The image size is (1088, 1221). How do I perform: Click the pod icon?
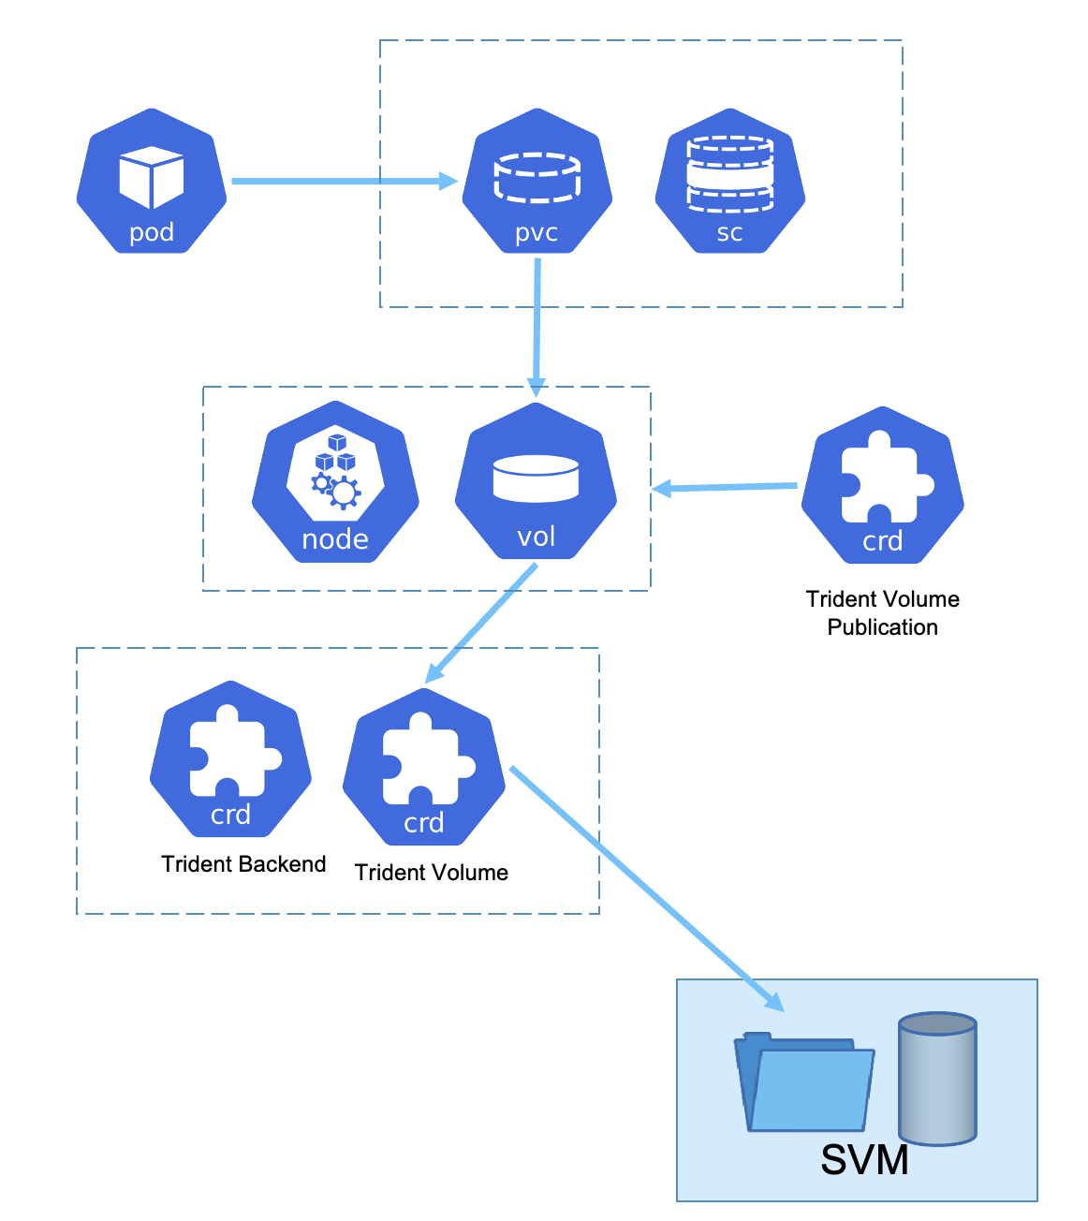point(152,182)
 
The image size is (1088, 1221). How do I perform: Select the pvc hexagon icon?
point(537,182)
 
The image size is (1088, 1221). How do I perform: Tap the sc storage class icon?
point(730,182)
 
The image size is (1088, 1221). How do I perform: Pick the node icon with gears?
point(335,483)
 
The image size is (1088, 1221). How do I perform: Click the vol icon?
point(536,483)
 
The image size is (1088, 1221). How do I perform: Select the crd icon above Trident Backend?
point(230,759)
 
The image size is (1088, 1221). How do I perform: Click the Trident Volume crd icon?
point(424,768)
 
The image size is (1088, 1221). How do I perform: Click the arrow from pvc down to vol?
point(537,328)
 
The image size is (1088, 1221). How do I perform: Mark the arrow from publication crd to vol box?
point(726,487)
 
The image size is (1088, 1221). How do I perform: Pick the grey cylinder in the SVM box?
point(937,1079)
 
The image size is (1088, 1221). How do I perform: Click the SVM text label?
point(864,1160)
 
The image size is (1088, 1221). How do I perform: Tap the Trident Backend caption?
point(243,864)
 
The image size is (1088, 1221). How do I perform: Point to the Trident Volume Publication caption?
point(882,613)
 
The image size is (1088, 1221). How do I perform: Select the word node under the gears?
point(335,539)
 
